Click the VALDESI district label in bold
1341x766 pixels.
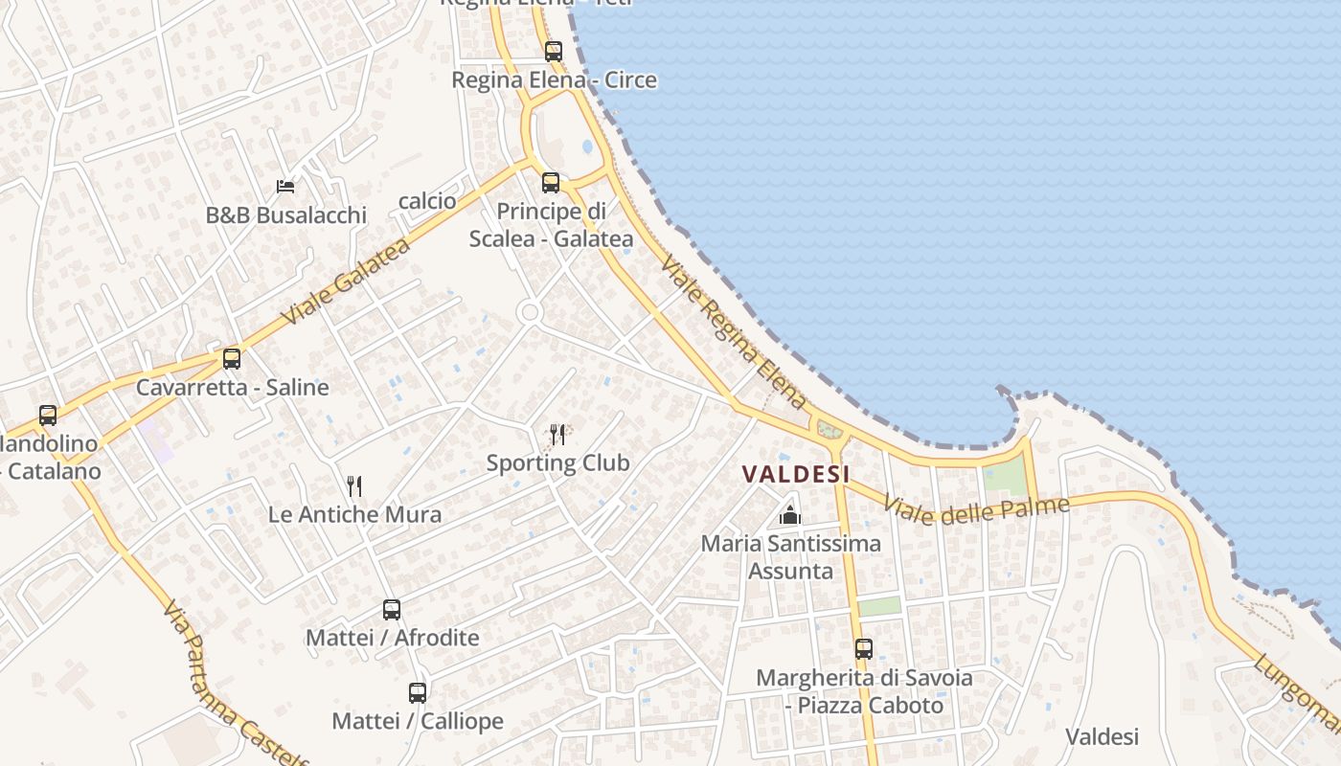point(796,474)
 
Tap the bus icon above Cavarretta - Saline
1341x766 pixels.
point(232,359)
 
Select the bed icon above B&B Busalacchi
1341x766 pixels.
point(285,186)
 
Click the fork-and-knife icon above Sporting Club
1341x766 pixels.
point(557,435)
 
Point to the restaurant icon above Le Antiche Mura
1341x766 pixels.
point(354,485)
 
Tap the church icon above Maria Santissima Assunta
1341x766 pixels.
point(790,515)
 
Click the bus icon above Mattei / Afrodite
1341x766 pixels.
point(392,609)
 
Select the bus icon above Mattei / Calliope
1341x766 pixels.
point(418,692)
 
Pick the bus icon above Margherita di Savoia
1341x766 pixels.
point(864,649)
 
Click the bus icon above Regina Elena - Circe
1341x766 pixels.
point(554,52)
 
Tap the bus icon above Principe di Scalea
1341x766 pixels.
point(551,182)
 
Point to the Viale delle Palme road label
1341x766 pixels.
point(975,510)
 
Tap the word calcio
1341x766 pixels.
point(427,201)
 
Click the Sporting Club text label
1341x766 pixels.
point(557,463)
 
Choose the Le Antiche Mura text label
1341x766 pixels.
point(354,514)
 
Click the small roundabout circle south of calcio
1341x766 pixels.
point(528,312)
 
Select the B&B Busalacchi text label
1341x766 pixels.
point(285,215)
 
